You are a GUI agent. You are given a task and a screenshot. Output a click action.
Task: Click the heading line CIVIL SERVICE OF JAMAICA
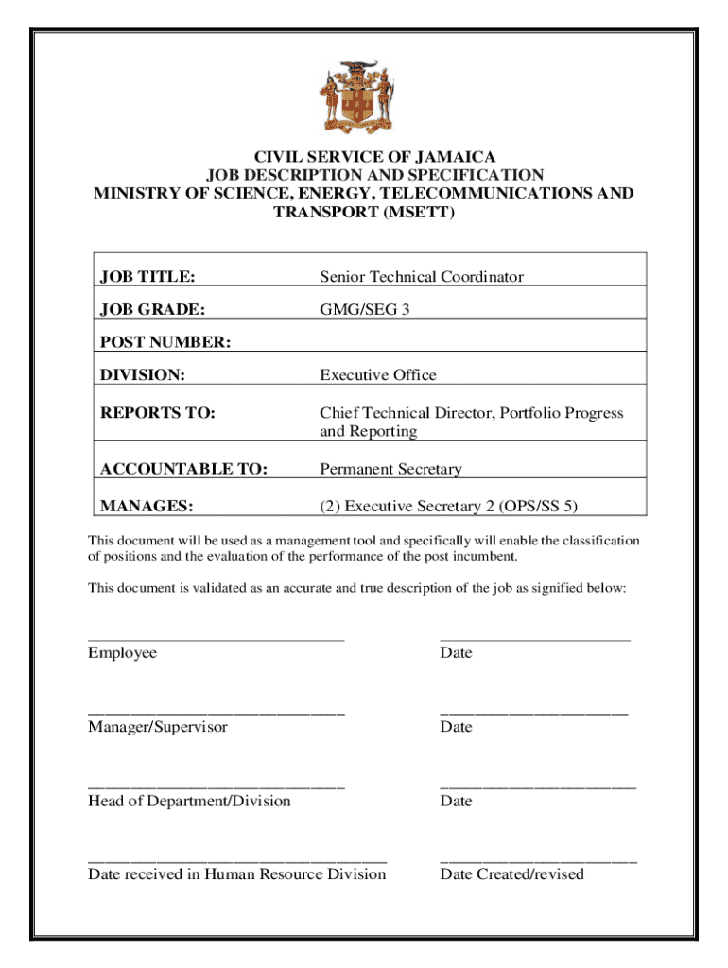364,156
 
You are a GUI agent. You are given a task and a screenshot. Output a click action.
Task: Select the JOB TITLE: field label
148,277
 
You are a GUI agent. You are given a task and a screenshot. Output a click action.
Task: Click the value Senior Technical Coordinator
421,277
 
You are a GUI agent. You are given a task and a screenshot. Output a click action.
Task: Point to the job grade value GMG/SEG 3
364,308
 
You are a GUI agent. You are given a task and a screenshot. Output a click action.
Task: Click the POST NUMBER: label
165,342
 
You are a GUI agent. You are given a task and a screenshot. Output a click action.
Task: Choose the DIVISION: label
143,375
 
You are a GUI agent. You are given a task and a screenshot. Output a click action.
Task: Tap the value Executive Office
378,375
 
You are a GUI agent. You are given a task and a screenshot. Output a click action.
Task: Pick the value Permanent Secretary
390,469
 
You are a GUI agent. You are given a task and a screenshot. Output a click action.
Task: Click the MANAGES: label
147,507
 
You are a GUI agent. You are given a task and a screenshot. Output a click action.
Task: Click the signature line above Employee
217,640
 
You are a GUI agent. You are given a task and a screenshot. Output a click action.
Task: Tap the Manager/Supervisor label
158,727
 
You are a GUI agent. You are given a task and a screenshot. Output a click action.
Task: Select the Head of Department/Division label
189,801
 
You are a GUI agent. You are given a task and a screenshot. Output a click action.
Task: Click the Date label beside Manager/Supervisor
456,727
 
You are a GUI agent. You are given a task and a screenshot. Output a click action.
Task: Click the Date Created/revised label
511,873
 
